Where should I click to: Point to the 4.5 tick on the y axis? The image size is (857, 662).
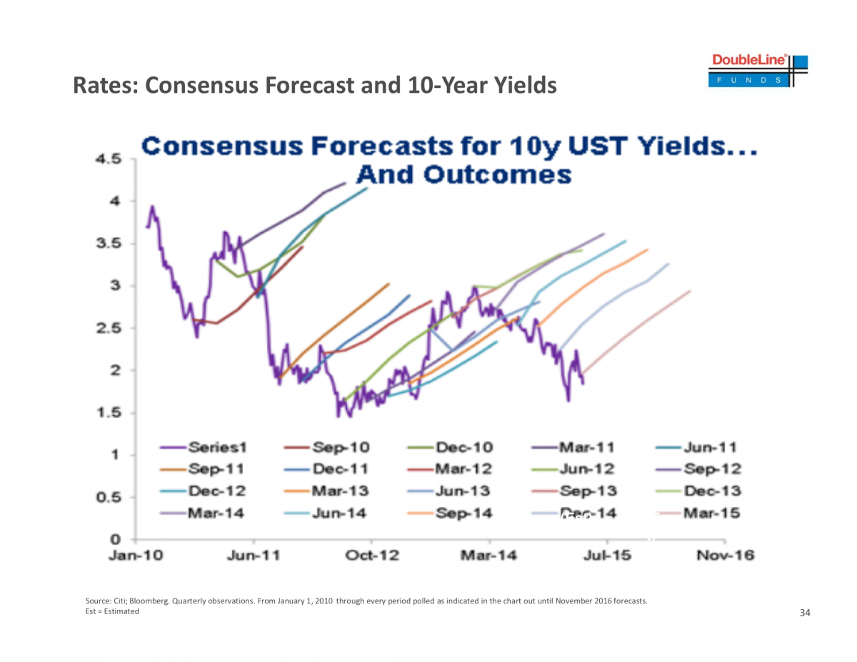pyautogui.click(x=111, y=159)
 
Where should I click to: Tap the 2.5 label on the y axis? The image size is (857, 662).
pyautogui.click(x=111, y=328)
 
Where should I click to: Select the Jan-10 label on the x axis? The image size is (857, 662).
pyautogui.click(x=136, y=556)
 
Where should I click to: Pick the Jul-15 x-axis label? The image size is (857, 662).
pyautogui.click(x=606, y=556)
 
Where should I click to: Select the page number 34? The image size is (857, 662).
pyautogui.click(x=805, y=613)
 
